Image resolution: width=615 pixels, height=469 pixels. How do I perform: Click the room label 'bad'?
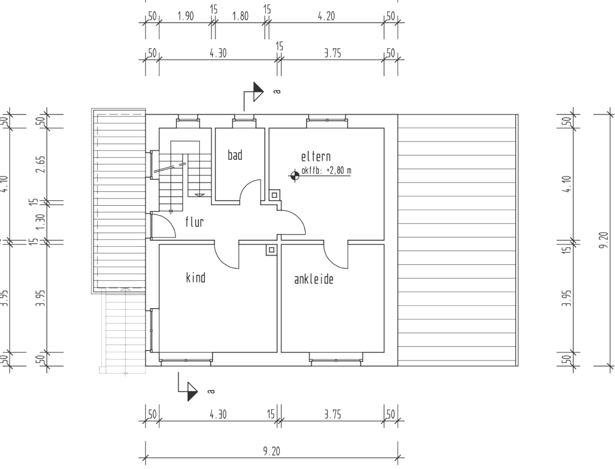pyautogui.click(x=235, y=155)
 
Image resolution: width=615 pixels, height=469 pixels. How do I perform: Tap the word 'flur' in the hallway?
pyautogui.click(x=194, y=222)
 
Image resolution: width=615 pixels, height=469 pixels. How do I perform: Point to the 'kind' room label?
pyautogui.click(x=195, y=278)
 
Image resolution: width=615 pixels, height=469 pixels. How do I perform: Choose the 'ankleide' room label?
pyautogui.click(x=313, y=280)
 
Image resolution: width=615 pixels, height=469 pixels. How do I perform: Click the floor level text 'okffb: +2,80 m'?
pyautogui.click(x=326, y=170)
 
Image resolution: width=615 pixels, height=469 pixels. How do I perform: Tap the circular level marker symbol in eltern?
pyautogui.click(x=294, y=175)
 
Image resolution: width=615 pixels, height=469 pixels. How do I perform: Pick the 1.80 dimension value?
pyautogui.click(x=240, y=16)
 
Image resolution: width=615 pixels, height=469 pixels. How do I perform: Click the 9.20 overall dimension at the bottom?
pyautogui.click(x=271, y=451)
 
